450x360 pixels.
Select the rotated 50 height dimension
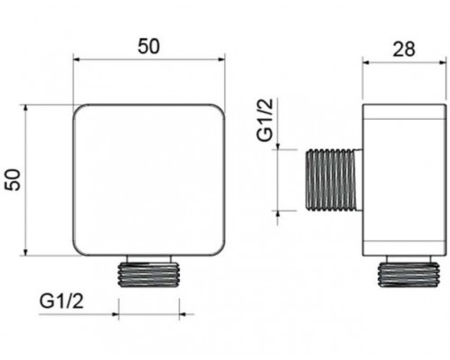coord(13,180)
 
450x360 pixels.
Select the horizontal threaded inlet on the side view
coord(335,179)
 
